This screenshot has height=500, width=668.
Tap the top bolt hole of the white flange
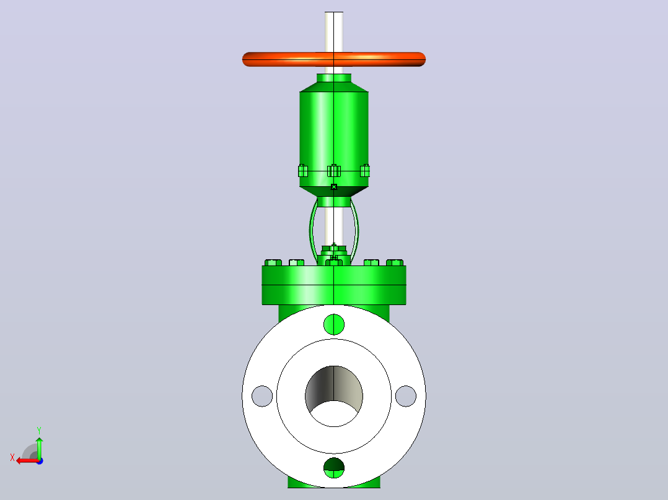coord(334,324)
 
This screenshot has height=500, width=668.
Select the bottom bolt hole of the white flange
coord(334,468)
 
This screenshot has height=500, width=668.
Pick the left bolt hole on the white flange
coord(262,396)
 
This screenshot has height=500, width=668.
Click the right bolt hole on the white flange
coord(405,396)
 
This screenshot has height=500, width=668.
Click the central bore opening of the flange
coord(334,396)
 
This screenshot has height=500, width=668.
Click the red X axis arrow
coord(28,460)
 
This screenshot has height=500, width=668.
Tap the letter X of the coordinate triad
coord(12,458)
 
